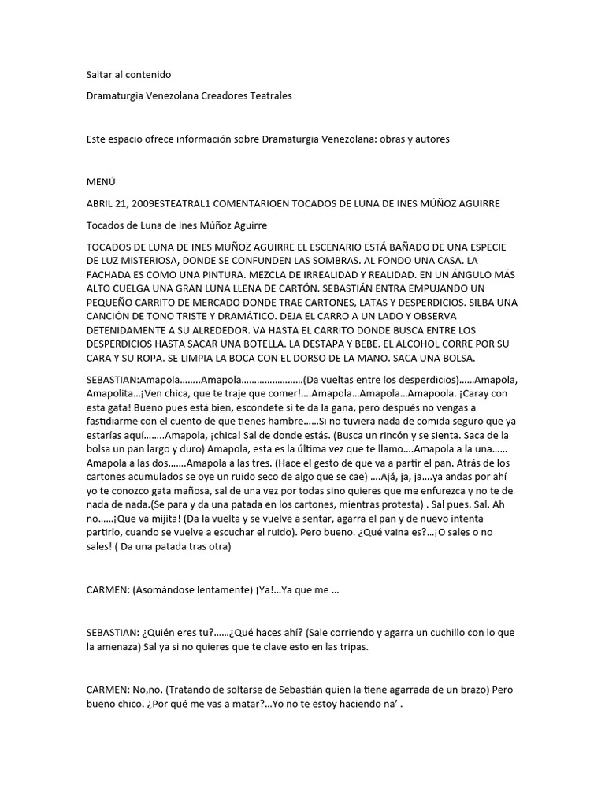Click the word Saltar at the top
tap(100, 75)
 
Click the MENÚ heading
tap(102, 182)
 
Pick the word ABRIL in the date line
tap(100, 203)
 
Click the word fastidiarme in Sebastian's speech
tap(115, 422)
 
